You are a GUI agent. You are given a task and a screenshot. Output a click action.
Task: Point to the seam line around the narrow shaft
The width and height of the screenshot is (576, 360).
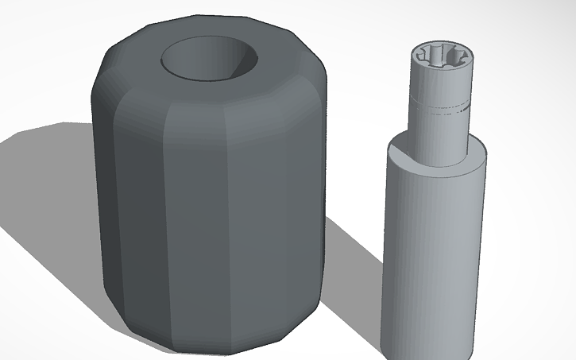tap(441, 112)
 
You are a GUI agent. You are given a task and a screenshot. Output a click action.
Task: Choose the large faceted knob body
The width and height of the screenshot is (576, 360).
tap(207, 207)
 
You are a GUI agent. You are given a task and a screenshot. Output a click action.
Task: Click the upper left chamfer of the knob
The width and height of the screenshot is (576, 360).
tap(119, 64)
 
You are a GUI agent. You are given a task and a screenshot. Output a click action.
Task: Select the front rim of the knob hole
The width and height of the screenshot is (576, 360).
tap(208, 78)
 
